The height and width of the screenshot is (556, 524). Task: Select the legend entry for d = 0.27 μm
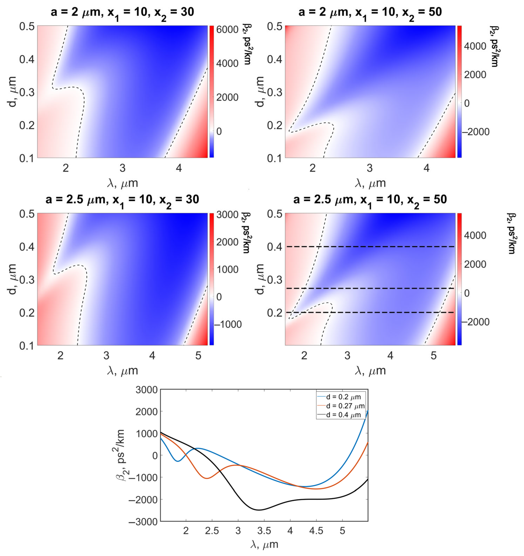click(x=345, y=406)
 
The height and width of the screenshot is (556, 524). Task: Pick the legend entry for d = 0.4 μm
click(x=343, y=415)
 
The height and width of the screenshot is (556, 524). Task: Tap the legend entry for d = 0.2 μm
click(x=343, y=397)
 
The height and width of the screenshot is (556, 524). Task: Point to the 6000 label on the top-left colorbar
click(x=227, y=29)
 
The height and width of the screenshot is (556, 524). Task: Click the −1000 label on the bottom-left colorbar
click(x=228, y=324)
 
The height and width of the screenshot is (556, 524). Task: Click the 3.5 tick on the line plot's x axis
click(x=264, y=531)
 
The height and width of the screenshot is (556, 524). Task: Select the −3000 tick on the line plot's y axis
click(x=143, y=522)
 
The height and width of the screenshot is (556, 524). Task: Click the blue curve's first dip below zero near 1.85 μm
click(x=178, y=461)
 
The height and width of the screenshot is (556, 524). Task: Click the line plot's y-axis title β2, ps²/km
click(x=120, y=455)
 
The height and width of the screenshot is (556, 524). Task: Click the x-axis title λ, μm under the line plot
click(x=264, y=544)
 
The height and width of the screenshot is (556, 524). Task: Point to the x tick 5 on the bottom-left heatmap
click(x=198, y=356)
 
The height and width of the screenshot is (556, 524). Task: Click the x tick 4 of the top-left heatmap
click(x=179, y=168)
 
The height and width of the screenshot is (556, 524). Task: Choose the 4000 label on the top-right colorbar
click(x=475, y=46)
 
